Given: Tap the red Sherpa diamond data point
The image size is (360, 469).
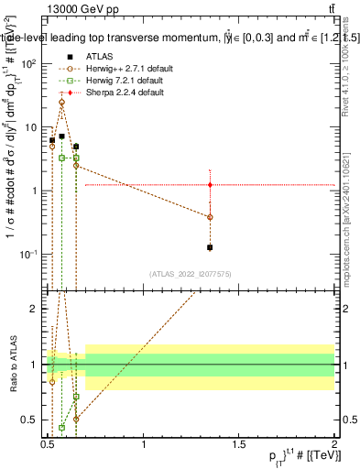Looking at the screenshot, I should pos(211,185).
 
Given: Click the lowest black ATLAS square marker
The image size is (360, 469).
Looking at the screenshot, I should pos(211,247).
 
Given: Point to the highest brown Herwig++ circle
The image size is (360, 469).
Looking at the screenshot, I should pos(61,103).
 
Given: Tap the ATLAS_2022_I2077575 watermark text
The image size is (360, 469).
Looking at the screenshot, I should pos(191,273).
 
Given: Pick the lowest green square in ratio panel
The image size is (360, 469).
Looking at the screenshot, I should pos(61,427).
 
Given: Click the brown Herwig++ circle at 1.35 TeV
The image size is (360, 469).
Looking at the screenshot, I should pos(211,217).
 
